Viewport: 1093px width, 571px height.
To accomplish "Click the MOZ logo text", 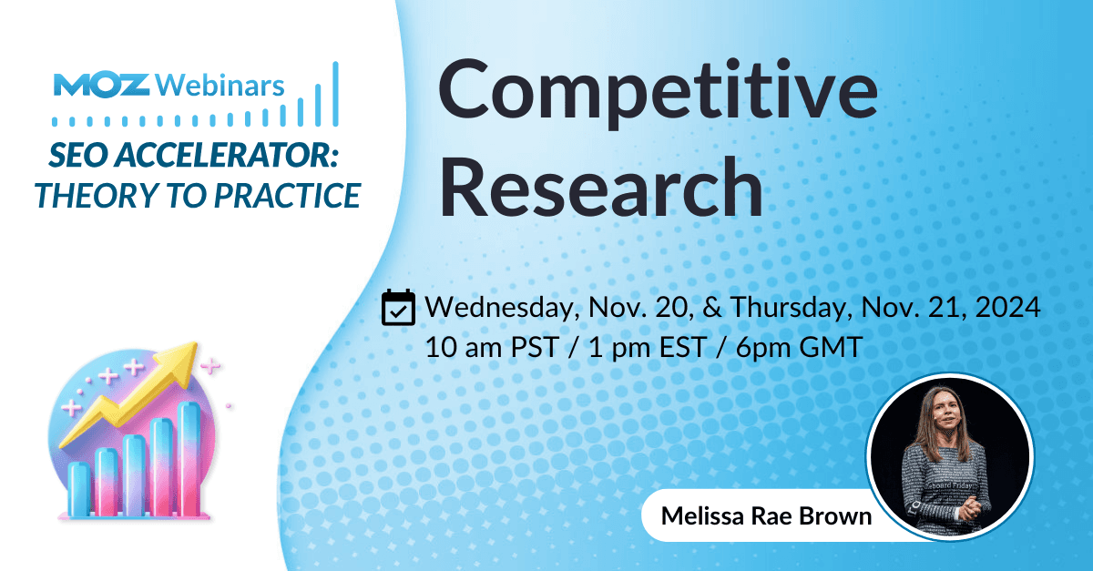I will (102, 86).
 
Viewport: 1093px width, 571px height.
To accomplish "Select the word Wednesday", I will (498, 309).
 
